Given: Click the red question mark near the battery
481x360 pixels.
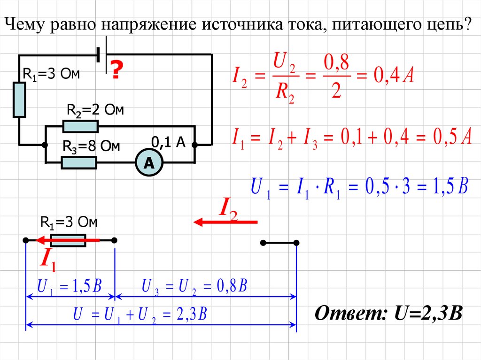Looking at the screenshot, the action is (116, 71).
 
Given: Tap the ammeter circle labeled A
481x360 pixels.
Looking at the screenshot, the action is (149, 162).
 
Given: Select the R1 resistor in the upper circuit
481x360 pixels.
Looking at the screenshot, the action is (19, 100).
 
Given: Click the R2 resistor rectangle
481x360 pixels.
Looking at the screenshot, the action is (80, 126).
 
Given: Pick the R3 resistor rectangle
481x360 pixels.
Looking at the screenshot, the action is (79, 162).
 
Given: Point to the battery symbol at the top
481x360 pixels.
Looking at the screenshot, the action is (102, 55).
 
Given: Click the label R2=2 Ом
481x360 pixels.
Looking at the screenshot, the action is (95, 110).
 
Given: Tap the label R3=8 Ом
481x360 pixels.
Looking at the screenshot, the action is (92, 146).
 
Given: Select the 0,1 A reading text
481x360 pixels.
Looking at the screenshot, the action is (169, 142).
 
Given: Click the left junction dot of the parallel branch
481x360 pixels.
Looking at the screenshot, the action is (45, 144).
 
